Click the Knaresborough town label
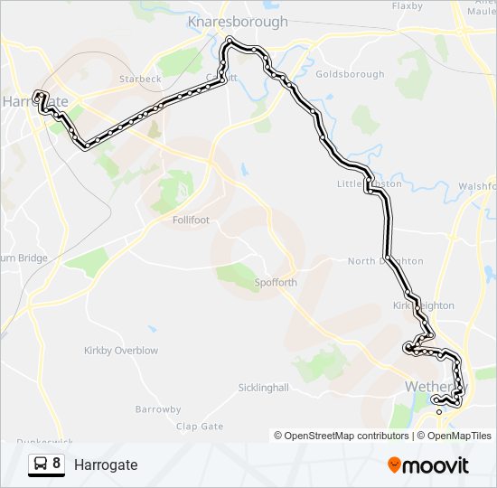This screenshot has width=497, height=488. click(x=237, y=22)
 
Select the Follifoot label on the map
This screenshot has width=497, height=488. click(x=190, y=219)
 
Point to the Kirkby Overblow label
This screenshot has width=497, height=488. click(x=120, y=351)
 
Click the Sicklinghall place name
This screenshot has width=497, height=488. click(x=263, y=388)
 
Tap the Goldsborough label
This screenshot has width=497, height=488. click(x=351, y=74)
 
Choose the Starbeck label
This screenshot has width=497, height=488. click(x=141, y=79)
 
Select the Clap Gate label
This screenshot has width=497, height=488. click(x=200, y=427)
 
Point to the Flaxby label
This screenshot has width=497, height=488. click(x=408, y=6)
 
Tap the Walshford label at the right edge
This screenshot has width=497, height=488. click(x=477, y=186)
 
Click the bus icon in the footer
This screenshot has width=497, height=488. click(x=41, y=465)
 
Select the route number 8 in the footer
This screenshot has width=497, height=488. click(x=57, y=465)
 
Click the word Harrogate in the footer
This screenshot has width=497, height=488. click(x=106, y=465)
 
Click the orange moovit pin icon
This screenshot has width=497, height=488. click(x=394, y=465)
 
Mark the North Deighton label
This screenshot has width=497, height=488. click(x=385, y=261)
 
